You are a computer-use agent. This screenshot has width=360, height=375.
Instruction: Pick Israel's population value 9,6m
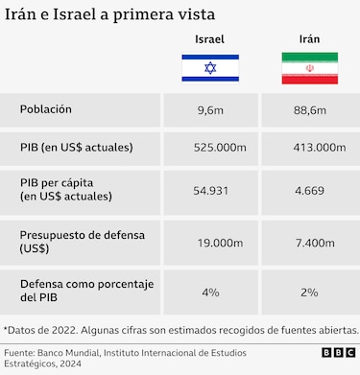210,111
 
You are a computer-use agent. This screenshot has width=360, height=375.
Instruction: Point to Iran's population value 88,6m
309,111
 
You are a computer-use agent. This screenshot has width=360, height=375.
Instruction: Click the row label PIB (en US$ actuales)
77,148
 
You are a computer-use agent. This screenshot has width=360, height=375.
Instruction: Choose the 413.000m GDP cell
319,149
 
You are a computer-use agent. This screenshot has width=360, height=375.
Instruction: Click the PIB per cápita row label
66,189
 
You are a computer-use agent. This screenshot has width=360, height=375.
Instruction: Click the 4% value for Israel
210,292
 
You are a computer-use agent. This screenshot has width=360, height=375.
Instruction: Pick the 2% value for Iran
309,292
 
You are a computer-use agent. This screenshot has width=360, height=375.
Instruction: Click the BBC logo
337,353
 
